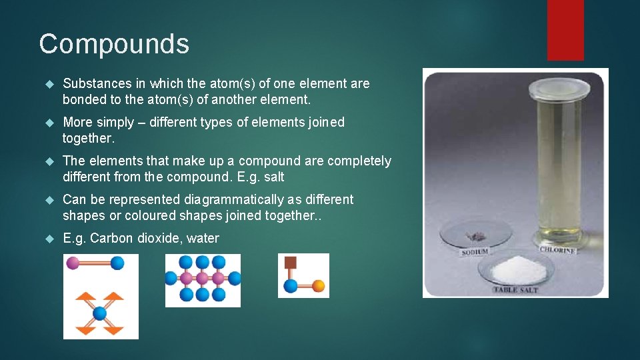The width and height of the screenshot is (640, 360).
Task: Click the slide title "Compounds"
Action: pos(114,44)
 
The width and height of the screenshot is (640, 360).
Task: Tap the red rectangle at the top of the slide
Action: pos(565,29)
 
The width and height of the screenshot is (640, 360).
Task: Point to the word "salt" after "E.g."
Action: pos(273,177)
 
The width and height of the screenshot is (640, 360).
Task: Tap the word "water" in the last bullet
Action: pos(203,238)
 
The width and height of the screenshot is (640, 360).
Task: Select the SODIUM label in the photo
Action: pos(475,252)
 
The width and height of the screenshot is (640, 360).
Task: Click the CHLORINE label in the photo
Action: pos(557,249)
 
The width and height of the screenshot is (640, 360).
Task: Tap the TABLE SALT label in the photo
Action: pos(515,289)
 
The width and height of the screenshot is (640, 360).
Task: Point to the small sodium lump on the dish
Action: pos(476,235)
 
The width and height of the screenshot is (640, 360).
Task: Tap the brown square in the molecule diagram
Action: pos(290,262)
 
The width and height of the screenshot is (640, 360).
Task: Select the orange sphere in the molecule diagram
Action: pos(318,286)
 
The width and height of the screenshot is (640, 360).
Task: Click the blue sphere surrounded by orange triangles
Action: pos(100,313)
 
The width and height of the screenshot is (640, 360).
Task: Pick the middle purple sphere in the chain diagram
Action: pos(203,277)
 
